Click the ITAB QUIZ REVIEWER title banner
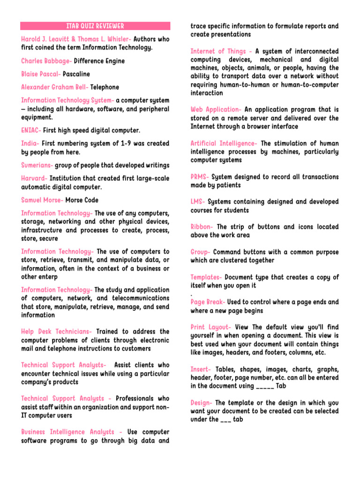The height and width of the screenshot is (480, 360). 95,26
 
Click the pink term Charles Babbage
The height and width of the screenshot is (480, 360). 46,61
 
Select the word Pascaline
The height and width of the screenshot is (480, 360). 76,74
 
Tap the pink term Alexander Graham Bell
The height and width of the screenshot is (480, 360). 54,87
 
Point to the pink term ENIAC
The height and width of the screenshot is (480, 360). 31,130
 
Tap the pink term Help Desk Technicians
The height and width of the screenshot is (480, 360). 56,331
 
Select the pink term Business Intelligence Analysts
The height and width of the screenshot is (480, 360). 72,432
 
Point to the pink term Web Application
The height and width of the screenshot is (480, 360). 216,109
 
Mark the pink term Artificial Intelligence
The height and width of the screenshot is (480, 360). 224,143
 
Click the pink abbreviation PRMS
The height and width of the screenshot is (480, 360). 200,177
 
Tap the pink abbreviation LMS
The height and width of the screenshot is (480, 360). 197,202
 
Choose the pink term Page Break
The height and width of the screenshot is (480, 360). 208,302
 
